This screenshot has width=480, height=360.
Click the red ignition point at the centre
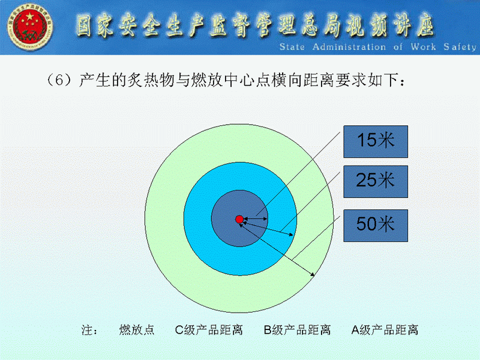239,219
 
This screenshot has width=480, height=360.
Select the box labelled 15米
376,142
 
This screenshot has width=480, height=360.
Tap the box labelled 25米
376,182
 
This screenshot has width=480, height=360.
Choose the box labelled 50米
376,226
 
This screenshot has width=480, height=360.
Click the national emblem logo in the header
30,26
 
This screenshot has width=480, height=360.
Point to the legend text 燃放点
137,329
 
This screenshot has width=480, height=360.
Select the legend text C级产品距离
209,329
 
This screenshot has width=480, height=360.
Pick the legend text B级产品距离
297,329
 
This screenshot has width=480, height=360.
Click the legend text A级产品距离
385,329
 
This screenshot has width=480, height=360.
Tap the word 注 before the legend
87,330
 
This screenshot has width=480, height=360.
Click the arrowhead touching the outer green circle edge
312,274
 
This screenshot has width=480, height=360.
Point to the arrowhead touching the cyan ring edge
290,235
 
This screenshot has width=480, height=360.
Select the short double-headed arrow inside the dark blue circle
256,219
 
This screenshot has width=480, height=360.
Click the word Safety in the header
460,47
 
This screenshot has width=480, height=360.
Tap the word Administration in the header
349,47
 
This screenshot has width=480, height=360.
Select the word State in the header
292,47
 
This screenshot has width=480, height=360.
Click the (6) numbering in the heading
59,80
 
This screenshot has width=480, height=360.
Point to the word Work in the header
424,47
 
